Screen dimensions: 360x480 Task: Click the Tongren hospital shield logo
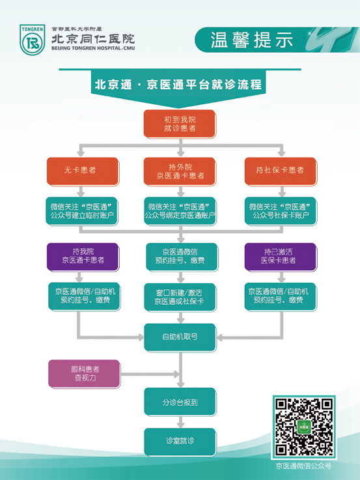[x=32, y=40]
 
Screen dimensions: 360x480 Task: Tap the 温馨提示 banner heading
[x=251, y=40]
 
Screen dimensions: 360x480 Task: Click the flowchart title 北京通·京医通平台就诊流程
[x=178, y=85]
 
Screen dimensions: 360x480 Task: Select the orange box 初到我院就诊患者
[x=180, y=124]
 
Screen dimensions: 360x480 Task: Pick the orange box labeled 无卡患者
[x=83, y=171]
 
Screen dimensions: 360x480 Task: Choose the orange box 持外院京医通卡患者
[x=180, y=171]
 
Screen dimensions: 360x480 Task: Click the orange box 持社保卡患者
[x=281, y=171]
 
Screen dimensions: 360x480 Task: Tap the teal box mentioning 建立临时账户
[x=82, y=211]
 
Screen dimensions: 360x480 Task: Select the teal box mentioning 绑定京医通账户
[x=180, y=211]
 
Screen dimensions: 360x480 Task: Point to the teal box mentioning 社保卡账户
[x=281, y=211]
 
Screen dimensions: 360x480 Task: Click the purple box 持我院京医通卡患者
[x=83, y=257]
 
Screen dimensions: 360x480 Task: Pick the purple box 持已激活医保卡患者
[x=281, y=257]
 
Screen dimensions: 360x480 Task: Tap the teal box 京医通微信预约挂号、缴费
[x=182, y=257]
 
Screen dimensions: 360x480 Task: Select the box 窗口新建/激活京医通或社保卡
[x=180, y=297]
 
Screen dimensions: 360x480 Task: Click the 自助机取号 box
[x=180, y=337]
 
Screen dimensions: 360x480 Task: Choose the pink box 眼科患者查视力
[x=85, y=374]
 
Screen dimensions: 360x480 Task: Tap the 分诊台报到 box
[x=180, y=402]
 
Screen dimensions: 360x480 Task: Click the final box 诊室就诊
[x=180, y=442]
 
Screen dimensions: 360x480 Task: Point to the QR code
[x=304, y=427]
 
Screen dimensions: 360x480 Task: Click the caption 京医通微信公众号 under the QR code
[x=303, y=466]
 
